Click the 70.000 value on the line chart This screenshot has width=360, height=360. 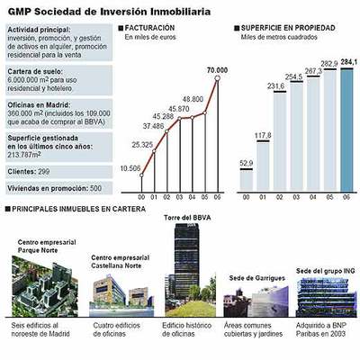(x=216, y=70)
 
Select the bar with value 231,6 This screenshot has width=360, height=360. (x=280, y=139)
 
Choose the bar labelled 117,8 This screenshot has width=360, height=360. (x=263, y=165)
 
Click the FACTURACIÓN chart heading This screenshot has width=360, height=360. (x=150, y=29)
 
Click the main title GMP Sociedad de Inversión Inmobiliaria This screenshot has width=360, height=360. (x=110, y=10)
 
